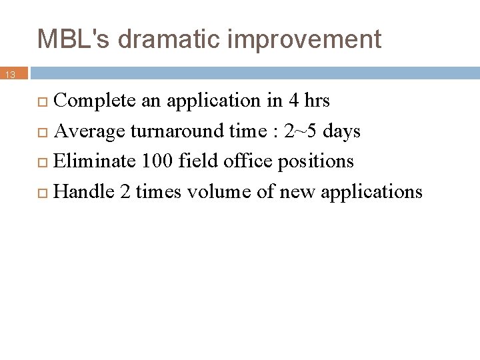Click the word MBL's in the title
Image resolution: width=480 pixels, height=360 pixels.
pos(74,39)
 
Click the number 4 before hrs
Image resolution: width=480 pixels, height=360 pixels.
pos(294,101)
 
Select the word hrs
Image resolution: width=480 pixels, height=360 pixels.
pos(317,101)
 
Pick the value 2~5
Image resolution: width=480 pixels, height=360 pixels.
pos(301,131)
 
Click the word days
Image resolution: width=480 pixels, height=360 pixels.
pos(341,131)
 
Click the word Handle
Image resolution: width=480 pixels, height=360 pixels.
pos(84,192)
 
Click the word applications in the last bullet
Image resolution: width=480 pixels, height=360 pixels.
pos(371,193)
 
